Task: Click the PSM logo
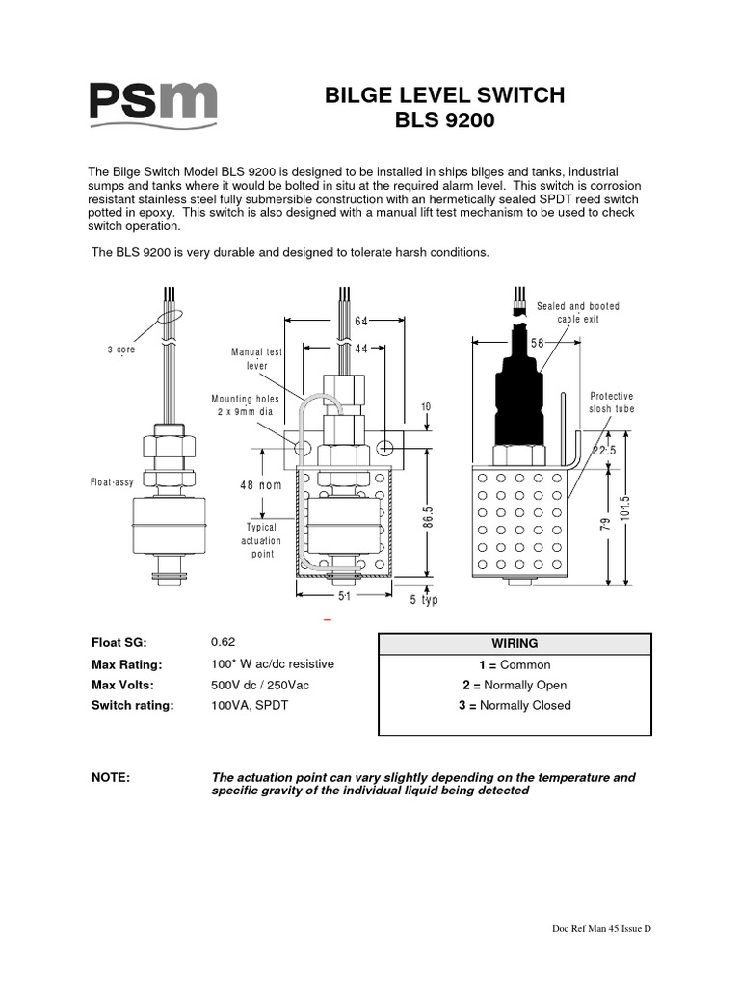coord(153,102)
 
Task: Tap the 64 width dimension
coord(361,321)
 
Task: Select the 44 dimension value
coord(361,349)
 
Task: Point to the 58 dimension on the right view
coord(538,343)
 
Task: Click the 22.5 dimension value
coord(604,451)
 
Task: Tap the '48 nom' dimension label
coord(261,485)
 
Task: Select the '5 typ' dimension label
coord(424,600)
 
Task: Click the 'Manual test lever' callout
coord(256,359)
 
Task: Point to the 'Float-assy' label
coord(112,482)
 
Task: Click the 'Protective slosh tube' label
coord(612,402)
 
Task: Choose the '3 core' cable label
coord(120,350)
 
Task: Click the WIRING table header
coord(515,643)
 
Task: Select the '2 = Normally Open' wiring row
coord(515,686)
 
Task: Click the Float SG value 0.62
coord(223,642)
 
